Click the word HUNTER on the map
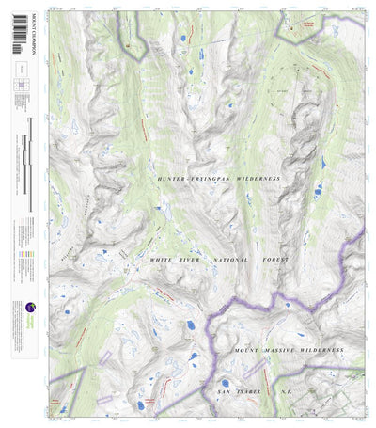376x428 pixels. pyautogui.click(x=174, y=177)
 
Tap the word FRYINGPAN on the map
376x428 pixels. pyautogui.click(x=218, y=177)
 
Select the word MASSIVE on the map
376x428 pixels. pyautogui.click(x=280, y=350)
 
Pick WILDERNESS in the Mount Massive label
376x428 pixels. pyautogui.click(x=323, y=350)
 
